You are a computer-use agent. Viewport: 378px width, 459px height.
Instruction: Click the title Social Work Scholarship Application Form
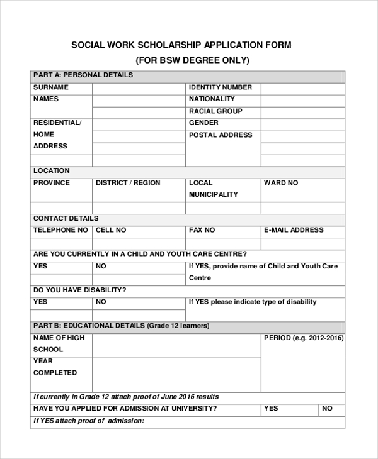(x=181, y=45)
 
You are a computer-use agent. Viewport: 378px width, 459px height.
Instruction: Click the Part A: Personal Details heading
(x=83, y=75)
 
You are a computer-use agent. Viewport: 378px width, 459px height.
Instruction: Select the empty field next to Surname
(x=139, y=87)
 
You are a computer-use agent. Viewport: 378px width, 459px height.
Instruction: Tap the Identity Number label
(x=220, y=87)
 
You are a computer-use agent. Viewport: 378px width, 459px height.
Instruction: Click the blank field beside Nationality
(x=302, y=99)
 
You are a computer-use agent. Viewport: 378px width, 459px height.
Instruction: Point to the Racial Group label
(x=215, y=111)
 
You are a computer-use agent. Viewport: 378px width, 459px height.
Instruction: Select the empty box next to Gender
(x=302, y=123)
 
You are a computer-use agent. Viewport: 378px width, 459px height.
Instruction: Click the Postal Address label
(x=220, y=135)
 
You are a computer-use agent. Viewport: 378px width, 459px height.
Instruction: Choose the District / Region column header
(x=128, y=183)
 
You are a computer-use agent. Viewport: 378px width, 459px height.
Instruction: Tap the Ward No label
(x=281, y=183)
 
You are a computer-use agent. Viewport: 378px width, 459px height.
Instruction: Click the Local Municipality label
(x=214, y=189)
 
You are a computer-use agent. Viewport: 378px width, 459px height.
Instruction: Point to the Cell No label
(x=111, y=230)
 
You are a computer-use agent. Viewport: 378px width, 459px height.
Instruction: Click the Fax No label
(x=202, y=230)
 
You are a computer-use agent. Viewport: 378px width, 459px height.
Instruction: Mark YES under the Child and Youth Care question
(x=40, y=266)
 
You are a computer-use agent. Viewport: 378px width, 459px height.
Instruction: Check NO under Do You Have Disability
(x=101, y=302)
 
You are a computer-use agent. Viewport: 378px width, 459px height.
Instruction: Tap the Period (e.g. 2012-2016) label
(x=303, y=338)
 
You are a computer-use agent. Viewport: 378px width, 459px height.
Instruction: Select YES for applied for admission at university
(x=271, y=409)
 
